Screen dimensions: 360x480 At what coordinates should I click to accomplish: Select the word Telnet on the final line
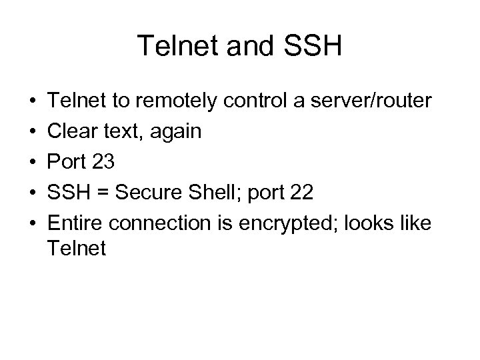point(77,249)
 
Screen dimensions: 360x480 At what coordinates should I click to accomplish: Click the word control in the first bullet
point(250,101)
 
